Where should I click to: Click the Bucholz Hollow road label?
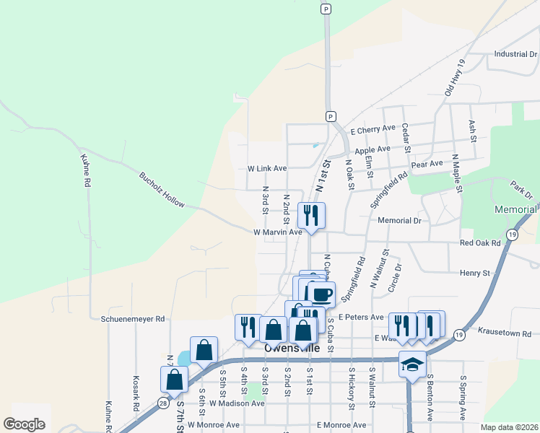coord(162,189)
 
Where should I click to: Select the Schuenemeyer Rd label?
coord(134,318)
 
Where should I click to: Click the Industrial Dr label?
coord(515,54)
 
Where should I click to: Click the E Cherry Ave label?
coord(373,131)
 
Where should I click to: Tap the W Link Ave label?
coord(267,168)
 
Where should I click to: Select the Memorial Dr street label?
coord(399,221)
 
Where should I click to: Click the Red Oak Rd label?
coord(479,243)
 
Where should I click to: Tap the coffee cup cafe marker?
coord(321,294)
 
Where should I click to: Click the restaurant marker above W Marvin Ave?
coord(311,215)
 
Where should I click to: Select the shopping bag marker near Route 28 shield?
coord(175,379)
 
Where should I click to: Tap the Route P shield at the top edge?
coord(326,9)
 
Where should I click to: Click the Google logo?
coord(24,424)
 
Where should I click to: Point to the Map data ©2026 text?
coord(510,427)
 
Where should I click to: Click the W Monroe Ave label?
coord(217,426)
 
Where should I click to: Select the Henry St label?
coord(475,274)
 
